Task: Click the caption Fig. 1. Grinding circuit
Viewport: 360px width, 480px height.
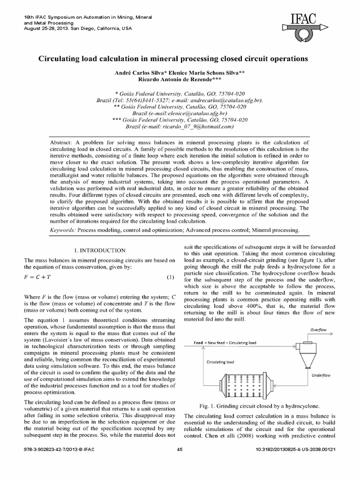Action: click(x=259, y=405)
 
